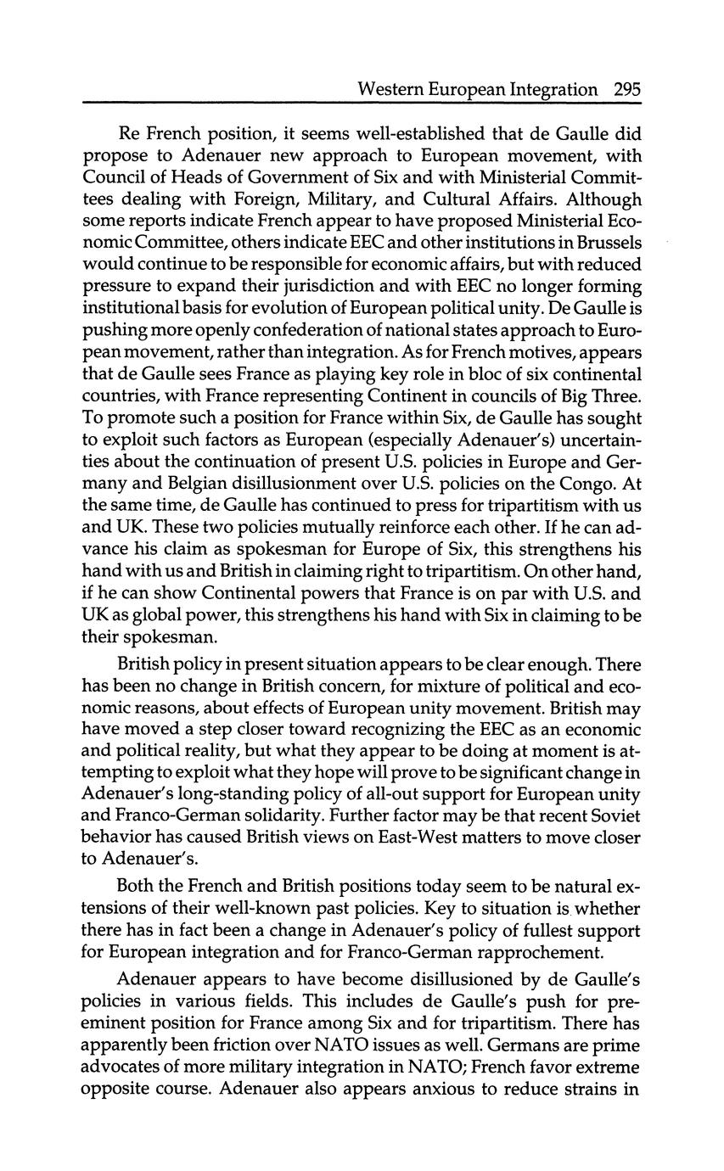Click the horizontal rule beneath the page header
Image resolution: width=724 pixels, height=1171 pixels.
pyautogui.click(x=362, y=103)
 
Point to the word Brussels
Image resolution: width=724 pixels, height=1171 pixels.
pyautogui.click(x=607, y=244)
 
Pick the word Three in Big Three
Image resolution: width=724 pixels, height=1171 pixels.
pyautogui.click(x=614, y=396)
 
